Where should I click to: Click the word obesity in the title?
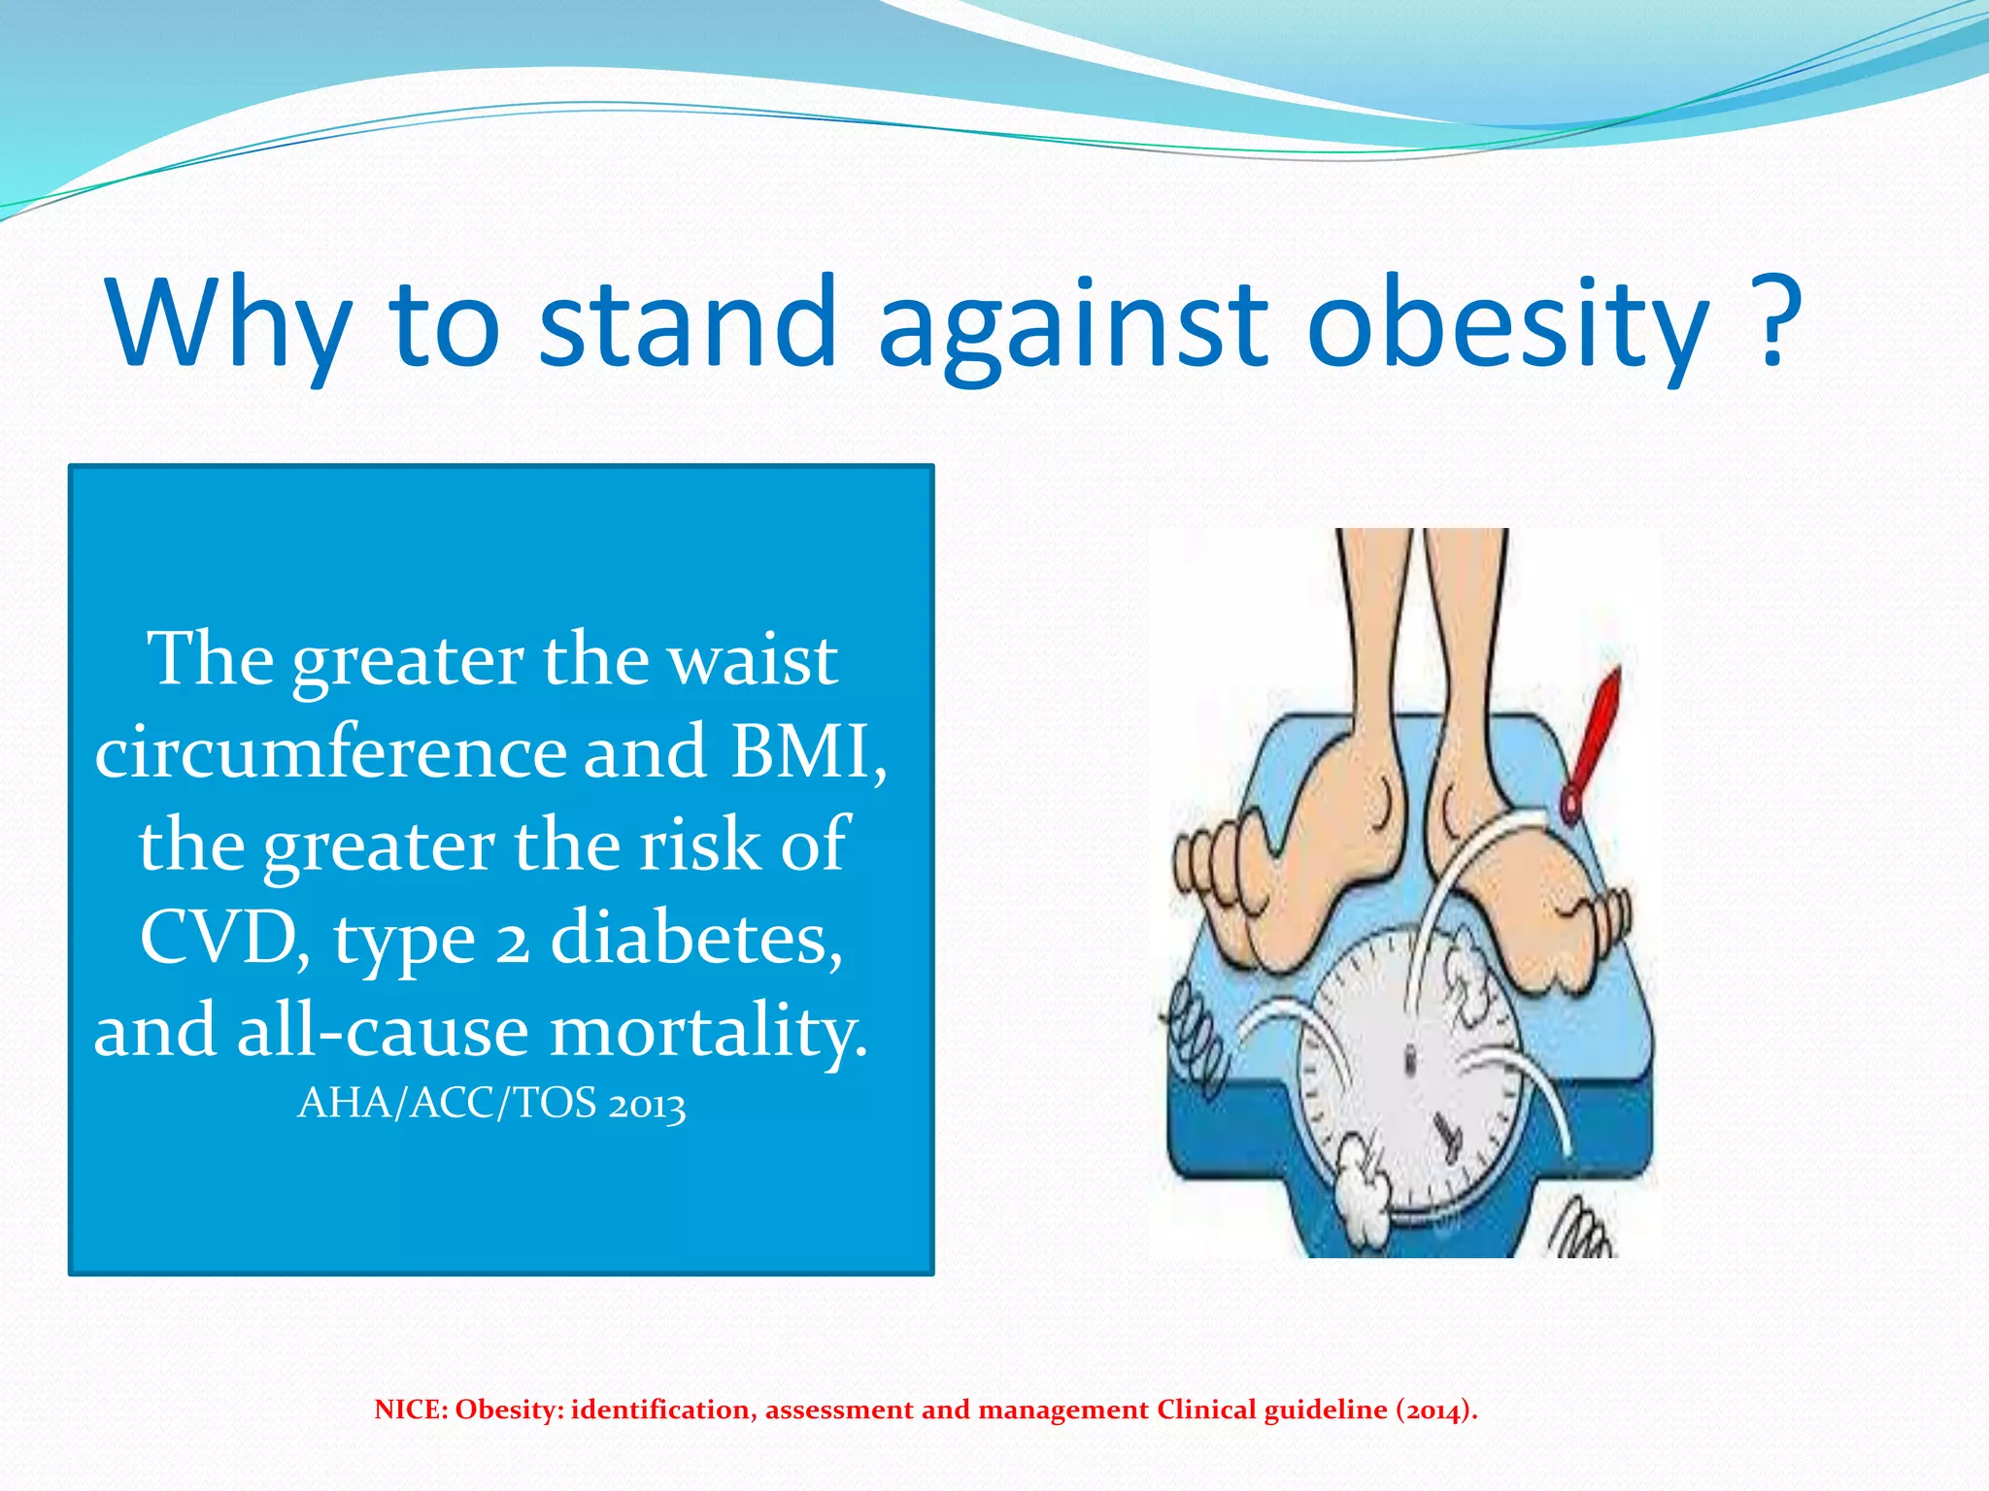pyautogui.click(x=1507, y=325)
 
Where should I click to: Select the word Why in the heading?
pyautogui.click(x=229, y=325)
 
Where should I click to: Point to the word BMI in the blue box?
pyautogui.click(x=806, y=752)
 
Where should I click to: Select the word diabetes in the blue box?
pyautogui.click(x=695, y=938)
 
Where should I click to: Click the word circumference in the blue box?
pyautogui.click(x=330, y=752)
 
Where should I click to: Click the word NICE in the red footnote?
pyautogui.click(x=409, y=1410)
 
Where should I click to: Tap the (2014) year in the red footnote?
pyautogui.click(x=1435, y=1410)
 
